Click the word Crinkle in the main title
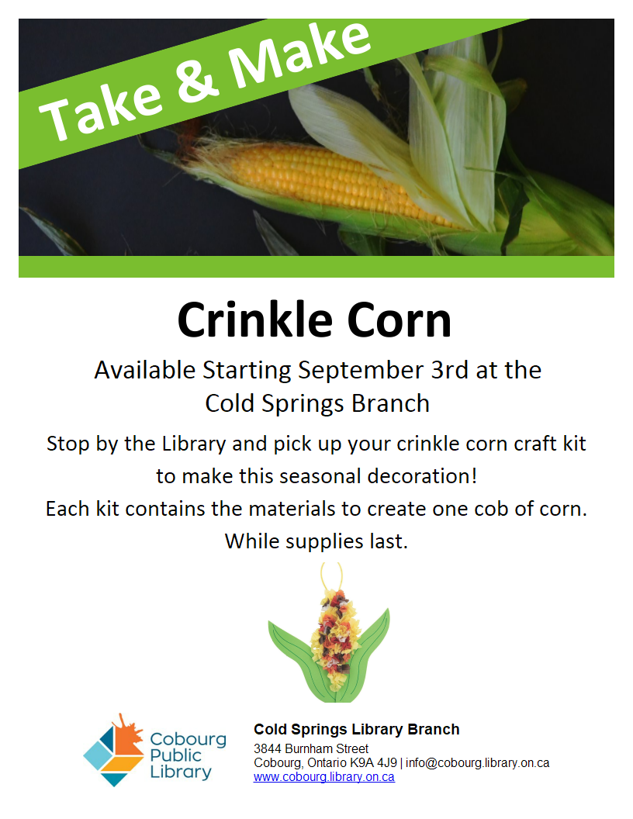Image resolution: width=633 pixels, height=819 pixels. click(x=255, y=320)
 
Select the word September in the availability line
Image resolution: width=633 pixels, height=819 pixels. click(x=361, y=370)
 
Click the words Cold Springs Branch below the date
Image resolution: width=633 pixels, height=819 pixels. click(x=317, y=403)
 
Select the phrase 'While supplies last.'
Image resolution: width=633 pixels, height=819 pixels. click(x=316, y=541)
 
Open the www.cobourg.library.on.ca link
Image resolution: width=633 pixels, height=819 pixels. click(x=323, y=776)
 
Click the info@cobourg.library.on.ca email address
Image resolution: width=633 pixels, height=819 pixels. click(x=477, y=762)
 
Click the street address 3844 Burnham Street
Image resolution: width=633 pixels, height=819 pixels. click(x=311, y=748)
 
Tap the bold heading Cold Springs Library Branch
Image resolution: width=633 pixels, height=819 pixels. click(x=357, y=729)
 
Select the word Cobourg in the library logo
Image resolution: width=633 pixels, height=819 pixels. click(x=188, y=740)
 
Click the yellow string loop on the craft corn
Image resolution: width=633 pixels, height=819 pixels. click(x=332, y=575)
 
